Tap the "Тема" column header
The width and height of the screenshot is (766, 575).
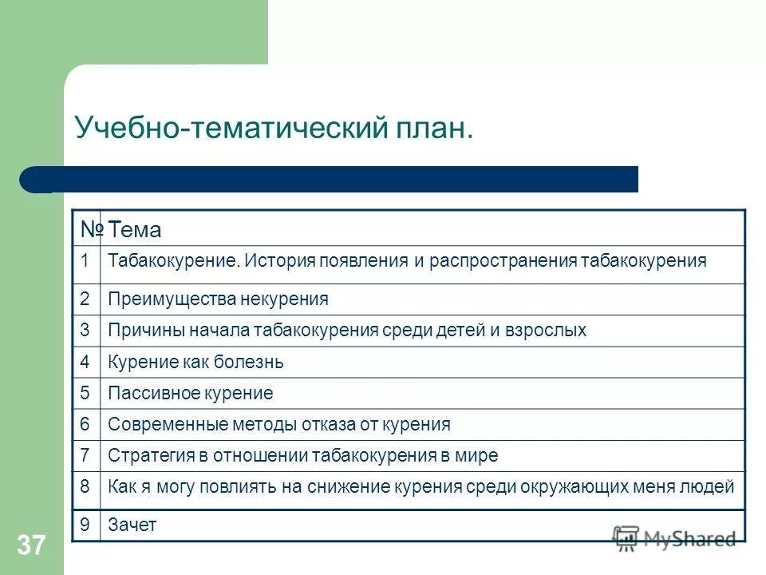pos(135,231)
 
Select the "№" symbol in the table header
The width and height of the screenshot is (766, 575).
pos(91,230)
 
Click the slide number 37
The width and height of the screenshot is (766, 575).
pos(31,546)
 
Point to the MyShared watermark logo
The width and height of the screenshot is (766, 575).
pos(674,538)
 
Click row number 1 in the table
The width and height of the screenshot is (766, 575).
pos(85,261)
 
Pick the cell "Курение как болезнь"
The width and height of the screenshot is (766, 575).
pos(195,363)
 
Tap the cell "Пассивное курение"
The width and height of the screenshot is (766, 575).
pos(190,393)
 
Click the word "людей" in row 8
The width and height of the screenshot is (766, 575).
pos(712,486)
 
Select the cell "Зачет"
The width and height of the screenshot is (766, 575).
pos(132,525)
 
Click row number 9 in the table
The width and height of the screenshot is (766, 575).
pos(85,525)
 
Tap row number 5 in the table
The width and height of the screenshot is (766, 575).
pos(85,393)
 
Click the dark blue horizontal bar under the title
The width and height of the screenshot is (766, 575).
pos(335,179)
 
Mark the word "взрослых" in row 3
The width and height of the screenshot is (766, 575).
pos(551,331)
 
